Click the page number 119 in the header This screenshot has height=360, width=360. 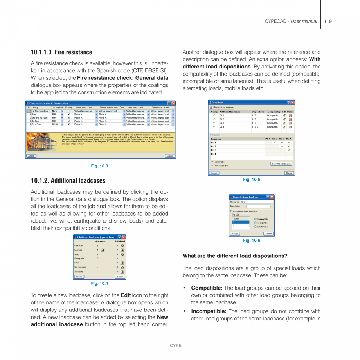click(x=328, y=21)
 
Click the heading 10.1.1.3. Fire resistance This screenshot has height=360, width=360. click(x=61, y=52)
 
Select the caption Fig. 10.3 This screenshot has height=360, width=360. click(x=99, y=166)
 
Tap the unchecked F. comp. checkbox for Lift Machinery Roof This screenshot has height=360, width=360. click(x=68, y=111)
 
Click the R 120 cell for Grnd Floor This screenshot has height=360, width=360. click(x=55, y=124)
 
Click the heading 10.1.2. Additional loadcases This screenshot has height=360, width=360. click(x=68, y=181)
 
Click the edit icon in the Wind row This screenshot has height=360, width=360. click(x=122, y=254)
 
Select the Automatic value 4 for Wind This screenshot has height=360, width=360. click(x=98, y=254)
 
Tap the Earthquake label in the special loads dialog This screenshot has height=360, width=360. click(x=79, y=259)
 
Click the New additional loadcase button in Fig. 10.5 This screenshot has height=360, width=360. click(x=222, y=107)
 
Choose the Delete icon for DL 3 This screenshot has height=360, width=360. click(x=290, y=123)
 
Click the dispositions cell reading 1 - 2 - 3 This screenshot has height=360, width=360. click(x=255, y=127)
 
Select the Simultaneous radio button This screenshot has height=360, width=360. click(x=256, y=227)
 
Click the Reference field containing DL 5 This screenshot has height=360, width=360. click(x=257, y=202)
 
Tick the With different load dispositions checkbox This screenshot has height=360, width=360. click(x=231, y=211)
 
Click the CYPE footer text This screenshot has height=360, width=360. click(x=175, y=346)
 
